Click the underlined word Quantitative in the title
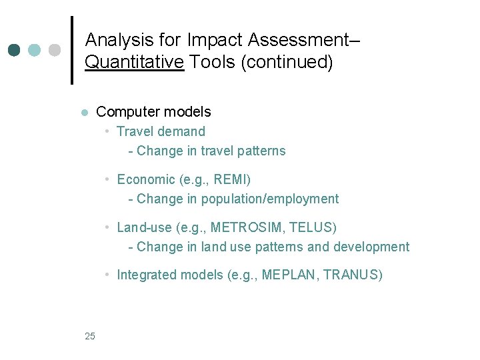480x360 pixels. point(134,63)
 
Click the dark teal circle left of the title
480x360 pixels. point(14,50)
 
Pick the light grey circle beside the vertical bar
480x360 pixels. point(55,50)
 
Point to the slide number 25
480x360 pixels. point(90,336)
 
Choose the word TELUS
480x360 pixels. point(311,227)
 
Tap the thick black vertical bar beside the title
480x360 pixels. point(72,50)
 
